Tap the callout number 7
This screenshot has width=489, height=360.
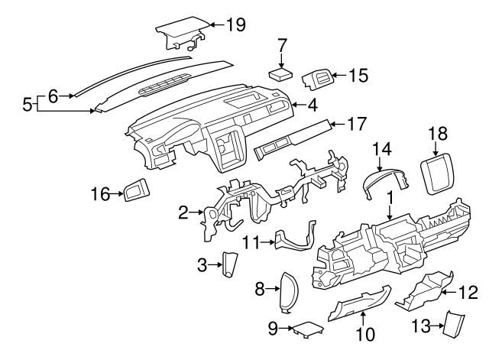pyautogui.click(x=282, y=44)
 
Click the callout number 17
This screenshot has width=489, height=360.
pyautogui.click(x=357, y=122)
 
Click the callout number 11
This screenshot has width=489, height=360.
pyautogui.click(x=252, y=242)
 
